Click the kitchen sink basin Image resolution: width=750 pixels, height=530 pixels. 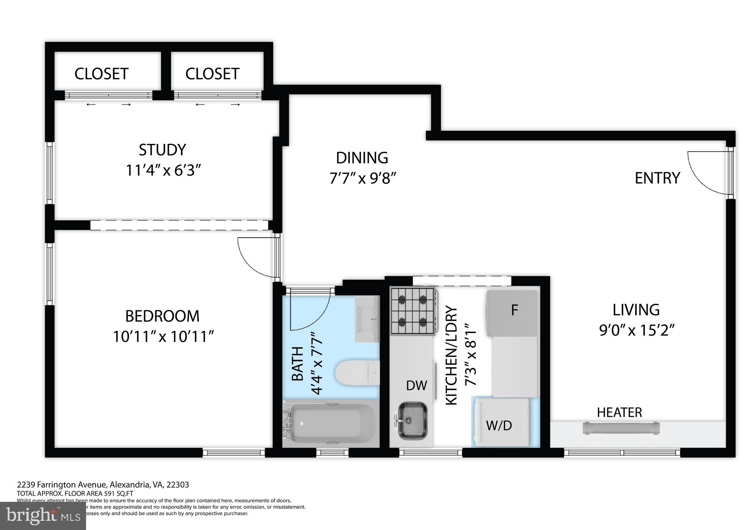point(413,421)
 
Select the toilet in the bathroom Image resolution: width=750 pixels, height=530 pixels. point(357,373)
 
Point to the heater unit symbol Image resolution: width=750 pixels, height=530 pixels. point(621,428)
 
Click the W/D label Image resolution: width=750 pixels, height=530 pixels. point(499,425)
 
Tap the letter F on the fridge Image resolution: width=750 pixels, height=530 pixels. point(514,310)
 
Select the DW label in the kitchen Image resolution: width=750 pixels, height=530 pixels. point(417,385)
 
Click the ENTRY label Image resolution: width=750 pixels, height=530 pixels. point(657,178)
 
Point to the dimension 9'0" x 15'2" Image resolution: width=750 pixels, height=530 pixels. point(636,331)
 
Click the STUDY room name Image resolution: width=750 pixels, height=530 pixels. point(162,150)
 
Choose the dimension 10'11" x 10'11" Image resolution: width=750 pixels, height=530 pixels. point(163,336)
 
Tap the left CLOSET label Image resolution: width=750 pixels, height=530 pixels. point(101,74)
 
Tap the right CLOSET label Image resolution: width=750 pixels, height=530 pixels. point(212,74)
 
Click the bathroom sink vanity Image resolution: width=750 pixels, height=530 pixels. point(367,319)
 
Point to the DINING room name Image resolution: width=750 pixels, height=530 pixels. point(362,158)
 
